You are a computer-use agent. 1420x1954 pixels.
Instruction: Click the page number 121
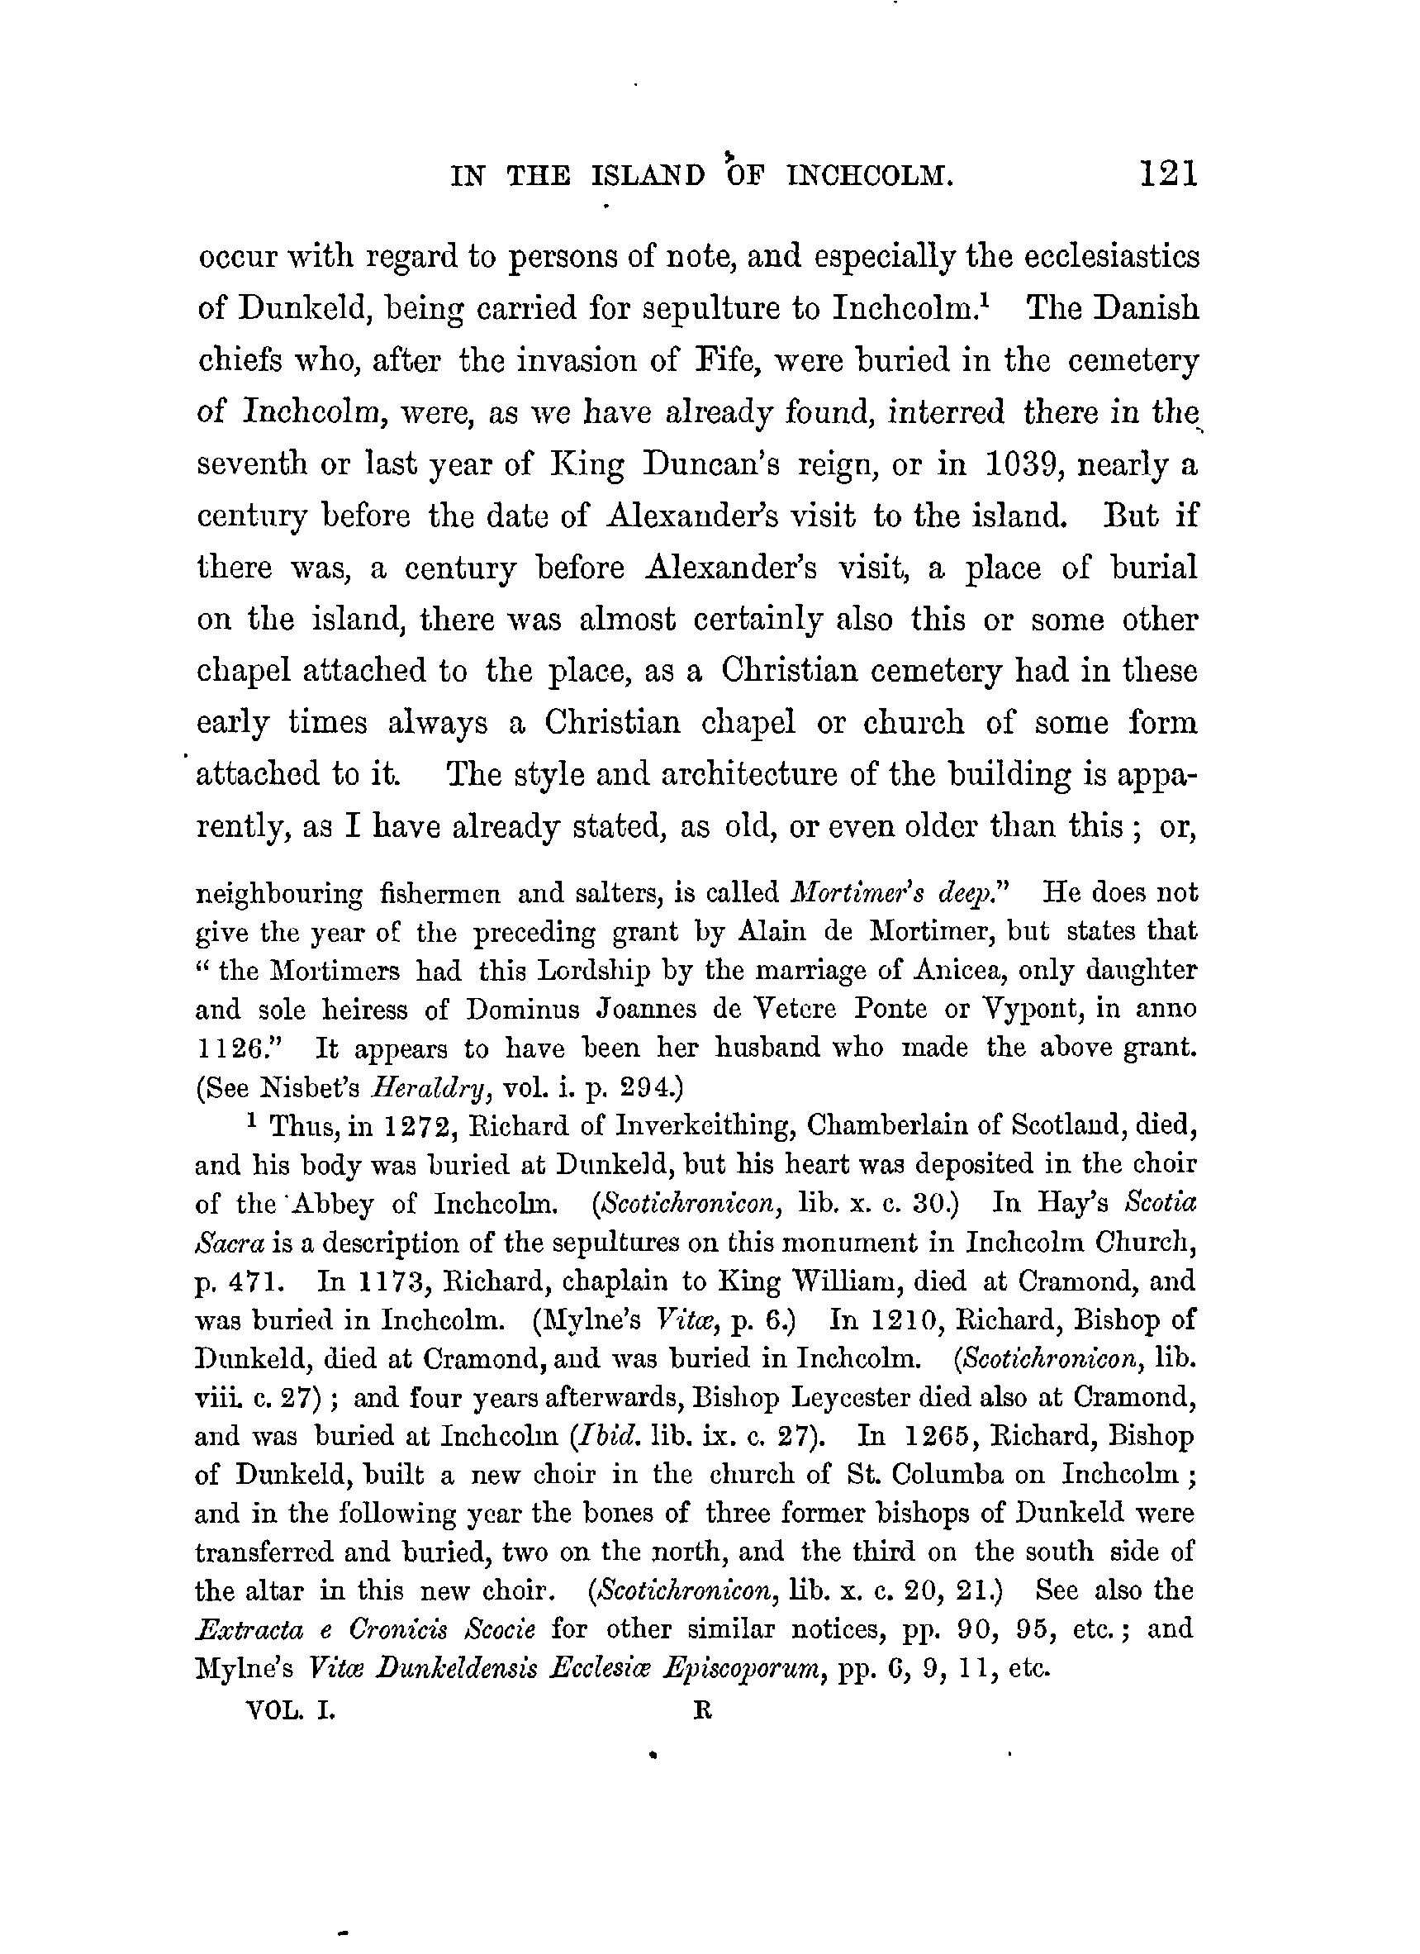coord(1168,175)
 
